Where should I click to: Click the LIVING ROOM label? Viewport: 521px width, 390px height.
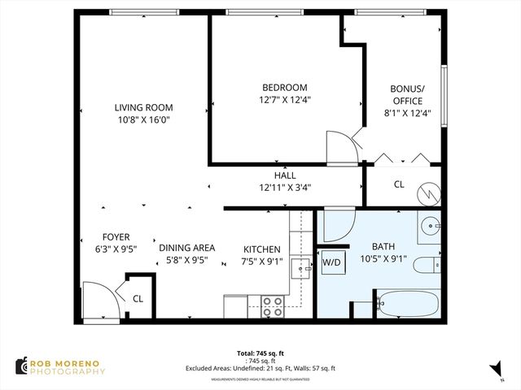pos(143,107)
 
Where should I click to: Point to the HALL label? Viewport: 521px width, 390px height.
pos(284,175)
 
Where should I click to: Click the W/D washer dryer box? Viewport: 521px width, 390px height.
pos(331,262)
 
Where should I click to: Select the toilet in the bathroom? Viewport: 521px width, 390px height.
pos(427,266)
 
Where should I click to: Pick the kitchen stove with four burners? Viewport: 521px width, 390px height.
pos(272,306)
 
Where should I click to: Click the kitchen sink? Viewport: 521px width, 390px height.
pos(300,266)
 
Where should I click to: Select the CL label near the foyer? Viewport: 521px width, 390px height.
pos(138,298)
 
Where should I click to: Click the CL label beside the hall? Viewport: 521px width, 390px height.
pos(399,184)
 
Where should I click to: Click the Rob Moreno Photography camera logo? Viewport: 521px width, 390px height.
pos(20,366)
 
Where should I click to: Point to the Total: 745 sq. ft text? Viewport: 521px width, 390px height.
pos(260,354)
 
